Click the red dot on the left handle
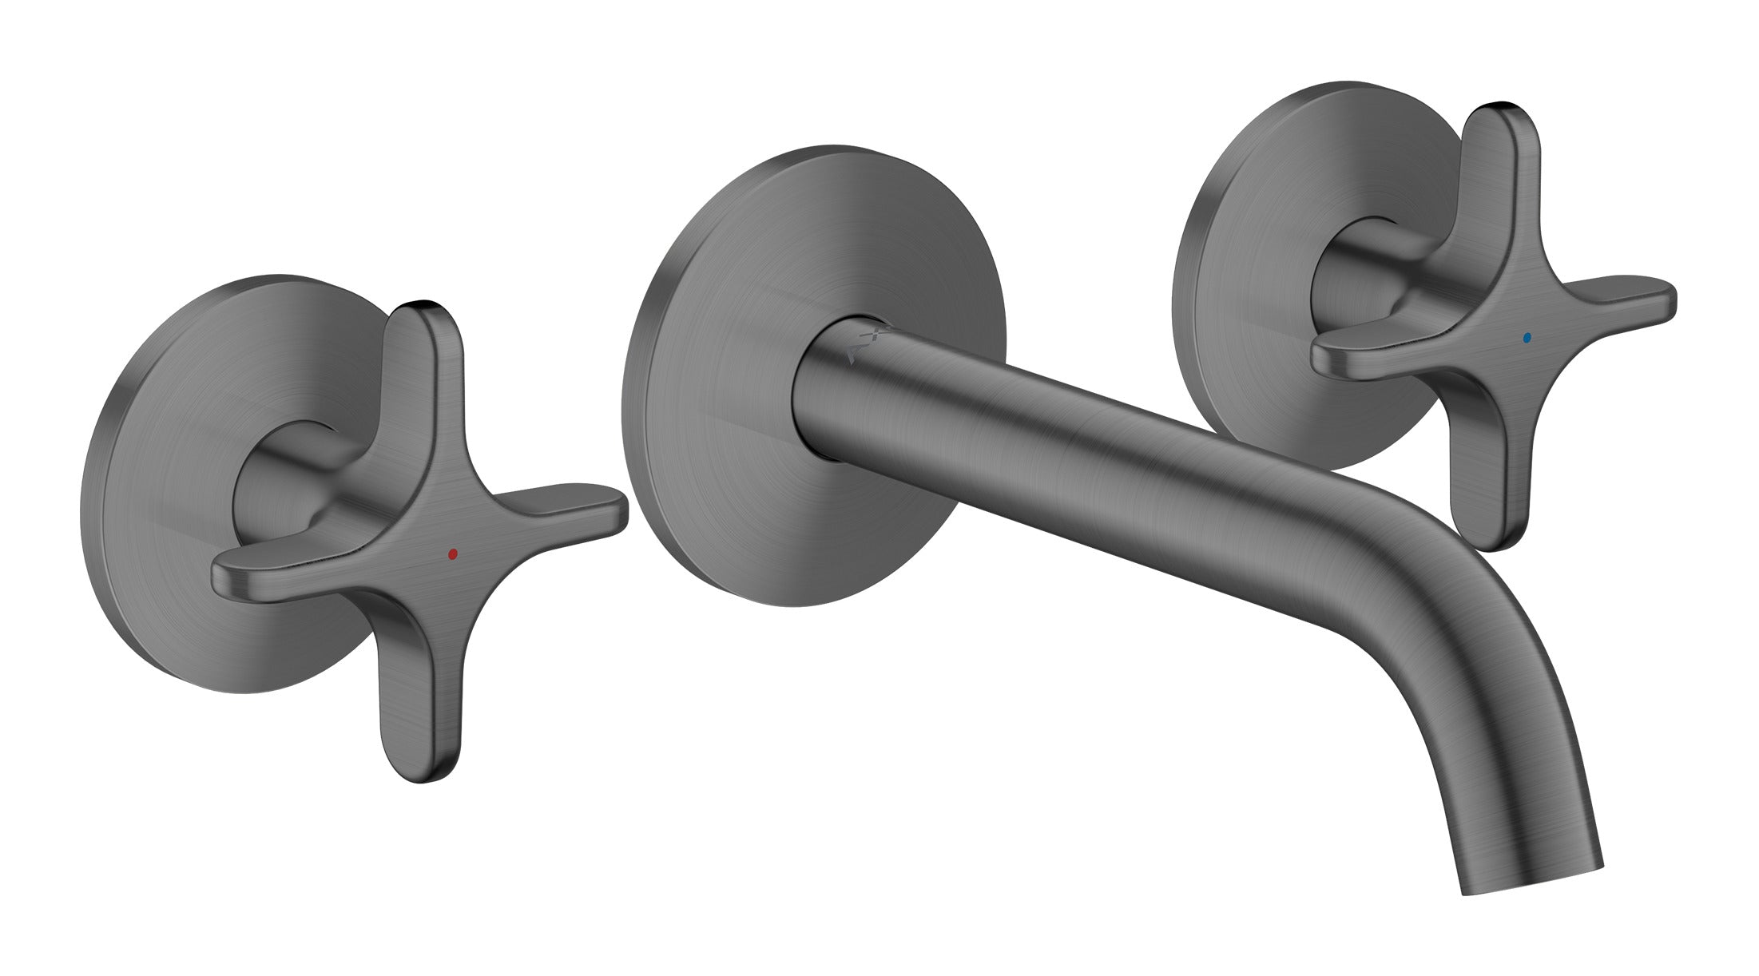pos(453,553)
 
